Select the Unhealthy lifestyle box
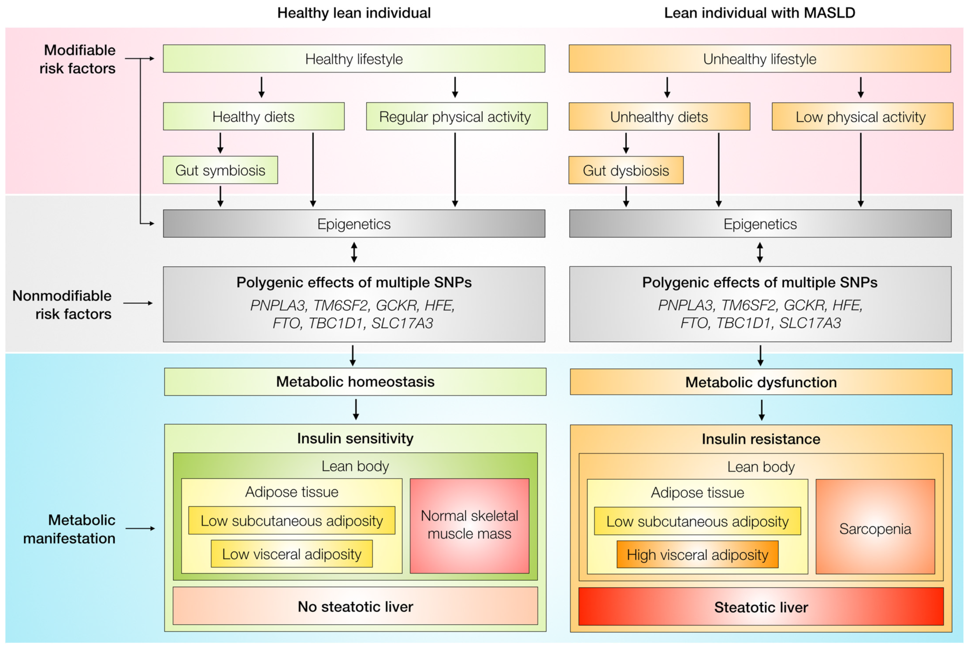pyautogui.click(x=760, y=59)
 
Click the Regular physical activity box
pyautogui.click(x=457, y=116)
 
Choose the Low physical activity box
pyautogui.click(x=862, y=116)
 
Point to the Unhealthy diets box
pyautogui.click(x=660, y=116)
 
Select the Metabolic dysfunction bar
pyautogui.click(x=761, y=382)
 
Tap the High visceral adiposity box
pyautogui.click(x=698, y=554)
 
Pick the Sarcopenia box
pyautogui.click(x=875, y=526)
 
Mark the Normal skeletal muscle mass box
pyautogui.click(x=469, y=526)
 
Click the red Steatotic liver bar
pyautogui.click(x=761, y=606)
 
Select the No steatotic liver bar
pyautogui.click(x=355, y=605)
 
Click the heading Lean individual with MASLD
pyautogui.click(x=760, y=13)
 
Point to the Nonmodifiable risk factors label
pyautogui.click(x=62, y=305)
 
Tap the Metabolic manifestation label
pyautogui.click(x=69, y=529)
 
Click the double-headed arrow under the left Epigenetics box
pyautogui.click(x=354, y=252)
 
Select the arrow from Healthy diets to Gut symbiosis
pyautogui.click(x=220, y=143)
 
